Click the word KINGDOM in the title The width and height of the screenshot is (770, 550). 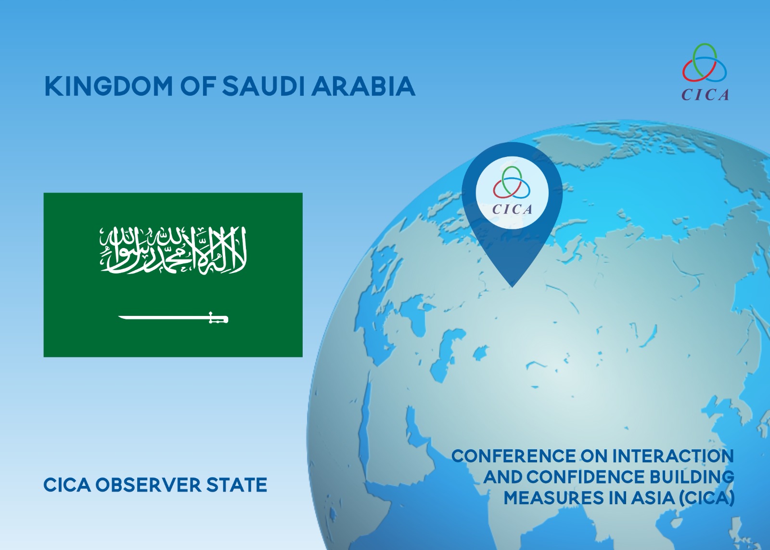pyautogui.click(x=108, y=86)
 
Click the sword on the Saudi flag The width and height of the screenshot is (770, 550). pyautogui.click(x=173, y=317)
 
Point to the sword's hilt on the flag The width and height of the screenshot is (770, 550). pyautogui.click(x=218, y=317)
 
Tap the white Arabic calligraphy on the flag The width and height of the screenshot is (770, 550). pyautogui.click(x=173, y=250)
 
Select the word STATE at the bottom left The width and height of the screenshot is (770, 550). pyautogui.click(x=237, y=485)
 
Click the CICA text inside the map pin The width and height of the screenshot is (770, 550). pyautogui.click(x=512, y=209)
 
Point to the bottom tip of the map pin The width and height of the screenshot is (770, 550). pyautogui.click(x=512, y=287)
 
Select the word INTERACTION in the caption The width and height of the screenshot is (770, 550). pyautogui.click(x=673, y=456)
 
